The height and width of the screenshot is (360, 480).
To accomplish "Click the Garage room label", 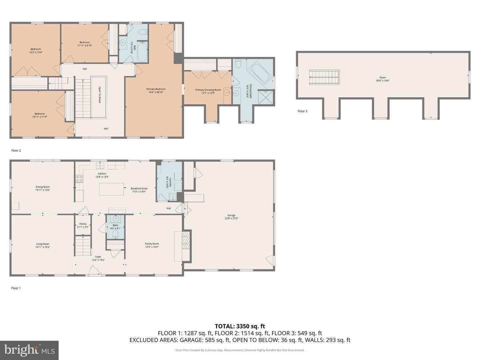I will (x=231, y=215).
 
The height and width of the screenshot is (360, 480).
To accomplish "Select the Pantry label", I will (x=83, y=224).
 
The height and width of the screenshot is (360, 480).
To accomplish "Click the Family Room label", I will (x=152, y=244).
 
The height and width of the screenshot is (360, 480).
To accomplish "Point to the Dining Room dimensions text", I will (x=43, y=190).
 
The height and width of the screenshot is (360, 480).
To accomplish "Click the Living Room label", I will (x=43, y=244).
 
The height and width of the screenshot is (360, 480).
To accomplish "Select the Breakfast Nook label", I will (x=139, y=188).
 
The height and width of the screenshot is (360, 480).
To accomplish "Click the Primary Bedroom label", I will (x=156, y=89).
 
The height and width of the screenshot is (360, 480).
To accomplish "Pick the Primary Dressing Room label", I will (x=208, y=90).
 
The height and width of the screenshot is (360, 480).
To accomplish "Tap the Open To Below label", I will (x=99, y=95).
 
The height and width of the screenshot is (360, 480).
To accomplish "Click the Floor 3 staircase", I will (x=324, y=77).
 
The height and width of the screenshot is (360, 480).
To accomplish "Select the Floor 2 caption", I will (x=16, y=151).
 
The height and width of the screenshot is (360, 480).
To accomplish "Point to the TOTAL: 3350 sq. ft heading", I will (x=240, y=326).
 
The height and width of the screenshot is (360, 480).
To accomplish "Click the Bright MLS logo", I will (x=29, y=350).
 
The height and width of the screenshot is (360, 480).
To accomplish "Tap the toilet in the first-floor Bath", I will (x=115, y=235).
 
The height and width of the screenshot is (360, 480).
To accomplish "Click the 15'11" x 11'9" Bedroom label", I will (x=40, y=114).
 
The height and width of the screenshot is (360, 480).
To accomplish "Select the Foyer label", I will (x=98, y=257).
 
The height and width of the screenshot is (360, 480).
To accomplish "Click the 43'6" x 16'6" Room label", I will (x=383, y=78).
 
